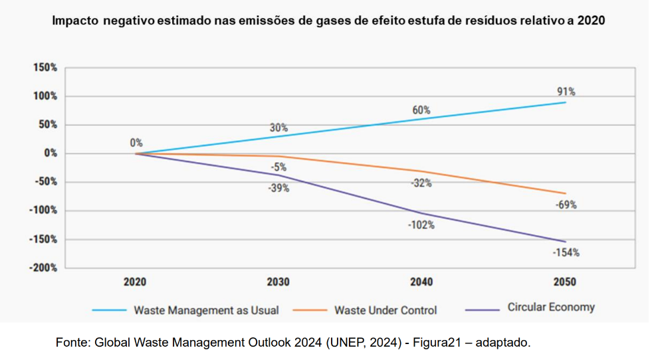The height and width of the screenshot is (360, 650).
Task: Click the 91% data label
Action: pos(566,92)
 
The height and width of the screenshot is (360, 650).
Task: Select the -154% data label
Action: pos(566,252)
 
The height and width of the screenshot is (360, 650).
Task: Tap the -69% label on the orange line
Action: pos(566,205)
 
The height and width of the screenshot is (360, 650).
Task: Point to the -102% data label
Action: pos(421,225)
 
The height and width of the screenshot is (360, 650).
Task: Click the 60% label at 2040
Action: pos(421,110)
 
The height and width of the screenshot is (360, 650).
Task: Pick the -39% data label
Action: pos(278,188)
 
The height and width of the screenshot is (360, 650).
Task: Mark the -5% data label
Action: pos(278,167)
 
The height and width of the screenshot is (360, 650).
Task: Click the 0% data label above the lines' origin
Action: pos(136,143)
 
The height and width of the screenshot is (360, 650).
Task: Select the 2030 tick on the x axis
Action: pos(278,282)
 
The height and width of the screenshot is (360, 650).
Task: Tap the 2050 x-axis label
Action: pos(566,282)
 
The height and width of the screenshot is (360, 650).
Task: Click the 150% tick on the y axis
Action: pos(45,68)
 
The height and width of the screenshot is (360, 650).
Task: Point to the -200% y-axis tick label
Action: pos(43,268)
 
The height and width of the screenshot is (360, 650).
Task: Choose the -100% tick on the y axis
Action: pos(43,211)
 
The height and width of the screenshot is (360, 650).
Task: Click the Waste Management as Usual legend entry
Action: pos(206,310)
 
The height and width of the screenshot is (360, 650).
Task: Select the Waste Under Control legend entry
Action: pos(385,310)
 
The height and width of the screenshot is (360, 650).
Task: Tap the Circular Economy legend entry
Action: pos(551,308)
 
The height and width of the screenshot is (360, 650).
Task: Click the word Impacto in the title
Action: pos(75,21)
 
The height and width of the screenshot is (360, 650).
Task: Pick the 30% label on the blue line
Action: pos(278,128)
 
